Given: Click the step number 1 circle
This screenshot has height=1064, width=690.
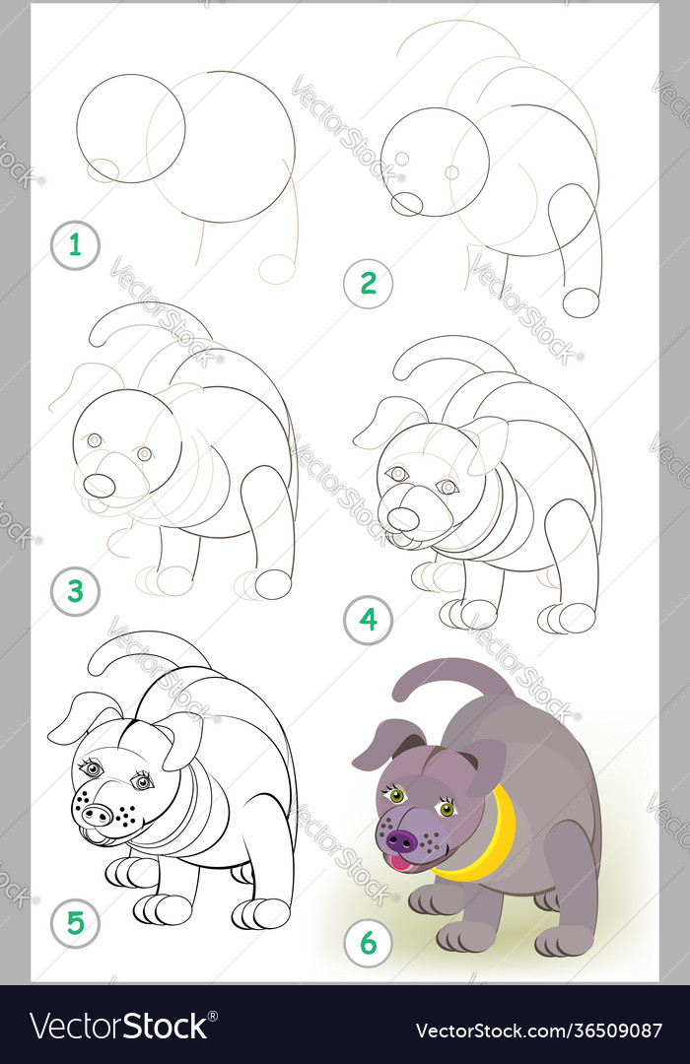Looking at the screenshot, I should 75,245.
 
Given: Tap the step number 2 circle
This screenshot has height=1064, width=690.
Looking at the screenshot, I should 368,284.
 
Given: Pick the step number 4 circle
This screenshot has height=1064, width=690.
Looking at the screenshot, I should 368,620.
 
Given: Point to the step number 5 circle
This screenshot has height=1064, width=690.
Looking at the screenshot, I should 75,923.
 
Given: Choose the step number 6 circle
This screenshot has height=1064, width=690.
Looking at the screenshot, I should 368,944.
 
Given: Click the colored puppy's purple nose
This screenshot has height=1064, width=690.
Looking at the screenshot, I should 401,840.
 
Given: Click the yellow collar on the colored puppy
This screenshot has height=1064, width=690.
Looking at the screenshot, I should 489,847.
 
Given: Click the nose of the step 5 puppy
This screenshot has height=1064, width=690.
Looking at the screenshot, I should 97,815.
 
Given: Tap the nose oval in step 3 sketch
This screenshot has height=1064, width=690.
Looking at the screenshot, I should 99,486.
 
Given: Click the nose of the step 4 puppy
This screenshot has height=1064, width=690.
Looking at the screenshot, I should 402,518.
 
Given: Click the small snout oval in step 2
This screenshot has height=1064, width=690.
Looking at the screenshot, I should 406,204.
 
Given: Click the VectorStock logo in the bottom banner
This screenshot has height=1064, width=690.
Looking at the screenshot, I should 118,1026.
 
